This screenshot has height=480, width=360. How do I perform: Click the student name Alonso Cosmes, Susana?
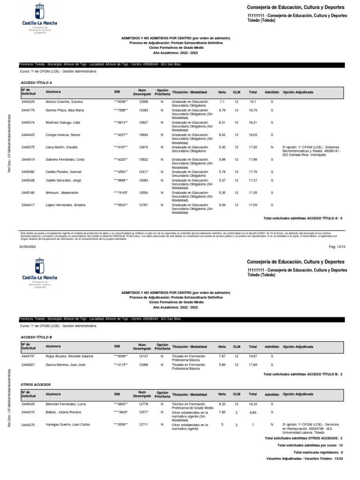click(64, 101)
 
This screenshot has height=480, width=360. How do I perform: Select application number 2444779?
click(28, 110)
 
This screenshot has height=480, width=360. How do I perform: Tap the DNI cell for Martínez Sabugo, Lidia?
click(121, 122)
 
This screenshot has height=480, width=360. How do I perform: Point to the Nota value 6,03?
click(222, 135)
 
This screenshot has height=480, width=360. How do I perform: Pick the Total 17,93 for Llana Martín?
click(253, 147)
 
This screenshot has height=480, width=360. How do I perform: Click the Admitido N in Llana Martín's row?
click(272, 147)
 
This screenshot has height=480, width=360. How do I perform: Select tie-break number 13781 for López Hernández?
click(143, 204)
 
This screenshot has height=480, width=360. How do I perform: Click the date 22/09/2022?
click(26, 246)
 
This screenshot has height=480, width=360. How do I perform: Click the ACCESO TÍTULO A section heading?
click(37, 82)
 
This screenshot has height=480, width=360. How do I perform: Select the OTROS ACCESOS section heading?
click(36, 384)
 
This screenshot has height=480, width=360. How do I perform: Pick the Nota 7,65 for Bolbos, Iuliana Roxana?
click(222, 412)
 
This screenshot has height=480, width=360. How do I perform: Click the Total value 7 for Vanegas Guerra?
click(253, 424)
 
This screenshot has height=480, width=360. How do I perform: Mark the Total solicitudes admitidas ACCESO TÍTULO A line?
click(303, 218)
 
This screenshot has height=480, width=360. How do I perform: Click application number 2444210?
click(28, 412)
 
